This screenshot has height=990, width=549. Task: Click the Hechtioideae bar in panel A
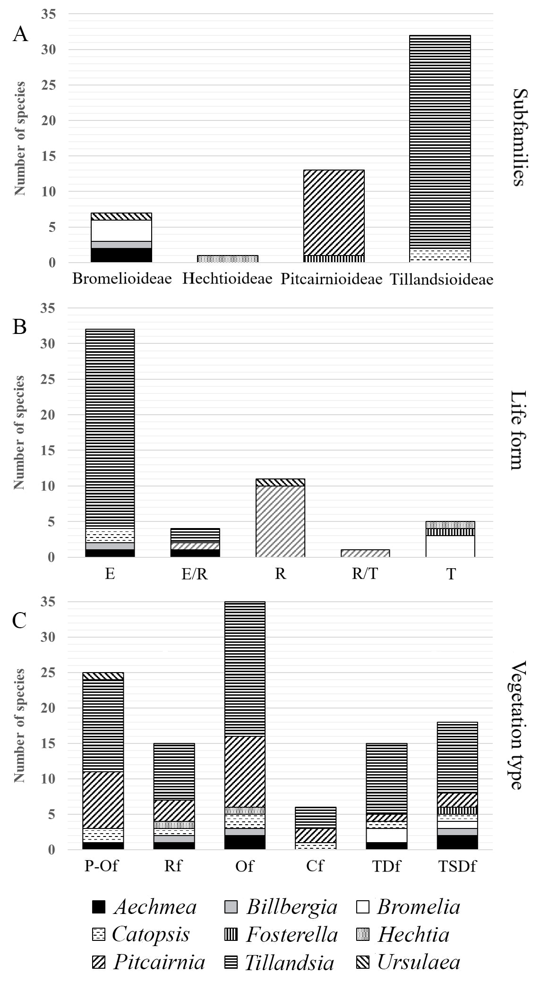[x=228, y=259]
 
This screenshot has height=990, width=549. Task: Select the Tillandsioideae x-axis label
[x=441, y=279]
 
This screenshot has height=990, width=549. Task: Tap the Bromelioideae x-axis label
[x=122, y=279]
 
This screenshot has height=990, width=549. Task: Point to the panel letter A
[x=20, y=34]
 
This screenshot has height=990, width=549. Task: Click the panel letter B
[x=19, y=326]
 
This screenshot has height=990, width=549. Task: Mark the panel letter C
[x=19, y=620]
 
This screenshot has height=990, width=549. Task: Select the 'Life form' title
[x=518, y=430]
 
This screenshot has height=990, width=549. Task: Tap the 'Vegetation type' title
[x=518, y=725]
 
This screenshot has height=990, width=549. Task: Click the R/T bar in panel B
[x=366, y=553]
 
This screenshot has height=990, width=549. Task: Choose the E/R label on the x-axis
[x=195, y=574]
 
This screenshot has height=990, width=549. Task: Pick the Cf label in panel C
[x=315, y=866]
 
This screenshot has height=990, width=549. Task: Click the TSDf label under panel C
[x=457, y=866]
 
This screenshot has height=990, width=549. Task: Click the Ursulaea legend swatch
[x=362, y=962]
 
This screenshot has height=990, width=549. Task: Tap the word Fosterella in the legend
[x=292, y=935]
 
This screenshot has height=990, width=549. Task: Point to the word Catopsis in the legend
[x=151, y=934]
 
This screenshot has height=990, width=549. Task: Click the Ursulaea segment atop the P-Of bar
[x=103, y=676]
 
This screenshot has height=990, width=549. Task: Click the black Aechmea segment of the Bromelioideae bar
[x=122, y=255]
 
